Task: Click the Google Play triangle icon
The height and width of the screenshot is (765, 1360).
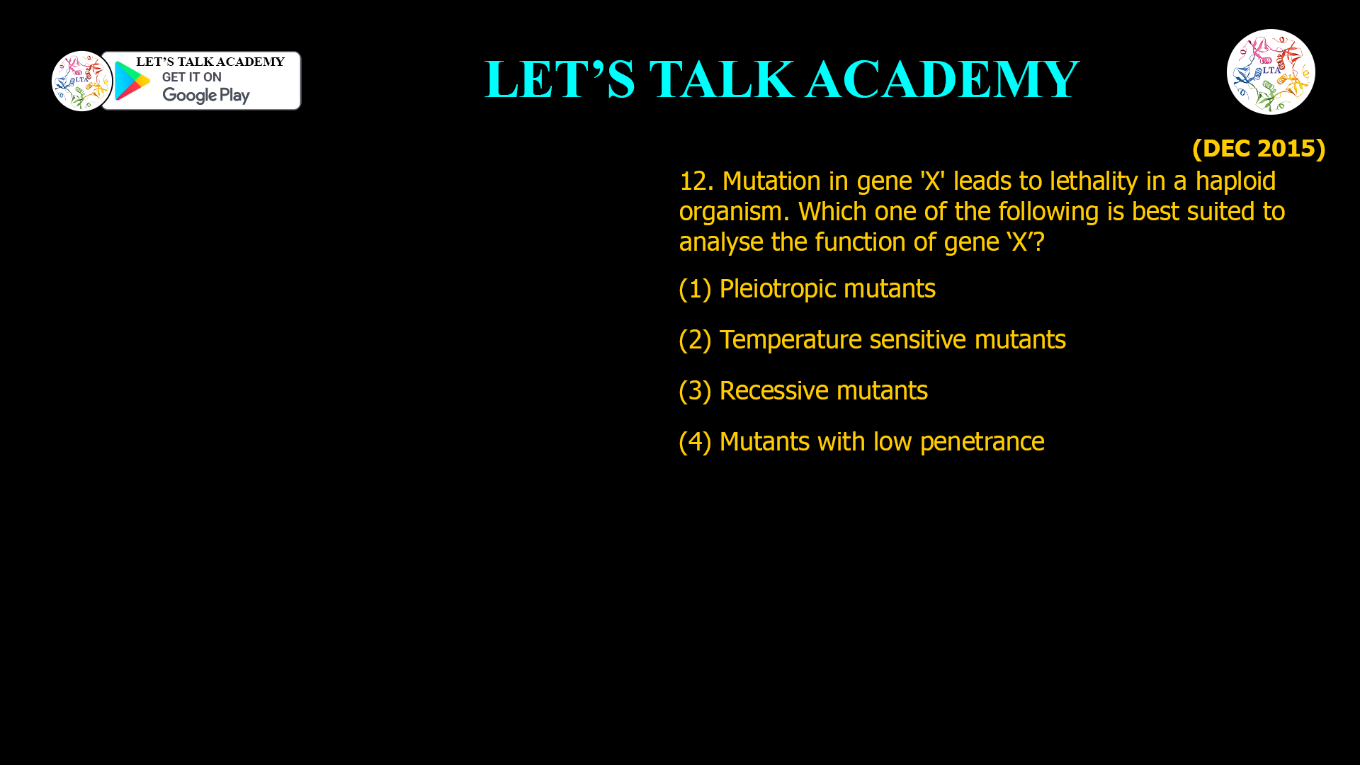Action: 132,81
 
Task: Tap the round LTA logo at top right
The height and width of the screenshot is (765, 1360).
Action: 1271,72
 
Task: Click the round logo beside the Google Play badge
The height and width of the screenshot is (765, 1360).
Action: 81,81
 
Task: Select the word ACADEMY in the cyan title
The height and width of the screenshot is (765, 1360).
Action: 942,79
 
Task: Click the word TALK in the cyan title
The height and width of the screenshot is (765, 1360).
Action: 721,79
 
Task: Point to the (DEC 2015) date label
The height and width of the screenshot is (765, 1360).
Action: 1259,148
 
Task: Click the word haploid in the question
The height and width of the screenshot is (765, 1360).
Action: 1235,181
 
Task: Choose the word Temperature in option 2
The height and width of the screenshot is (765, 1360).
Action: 790,340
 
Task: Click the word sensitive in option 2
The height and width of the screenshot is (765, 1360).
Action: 917,340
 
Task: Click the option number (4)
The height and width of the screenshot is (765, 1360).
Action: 695,442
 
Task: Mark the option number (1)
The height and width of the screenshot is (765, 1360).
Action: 695,289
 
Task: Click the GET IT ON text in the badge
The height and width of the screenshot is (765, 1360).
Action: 192,77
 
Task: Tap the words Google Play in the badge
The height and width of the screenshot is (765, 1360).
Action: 206,95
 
